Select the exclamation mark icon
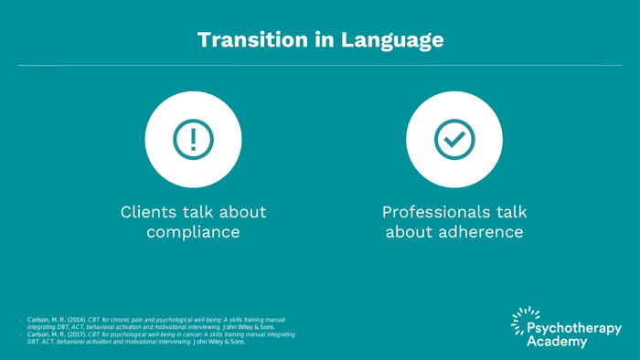click(x=193, y=139)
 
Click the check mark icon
click(x=454, y=139)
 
